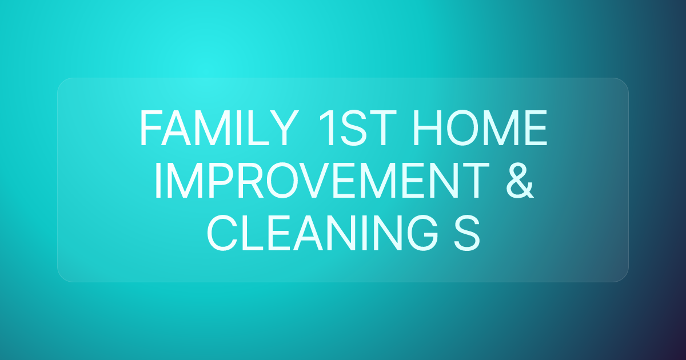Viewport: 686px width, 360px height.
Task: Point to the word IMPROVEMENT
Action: click(325, 180)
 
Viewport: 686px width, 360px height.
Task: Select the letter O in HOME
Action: click(466, 129)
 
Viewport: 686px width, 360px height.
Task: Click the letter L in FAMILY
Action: click(258, 129)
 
